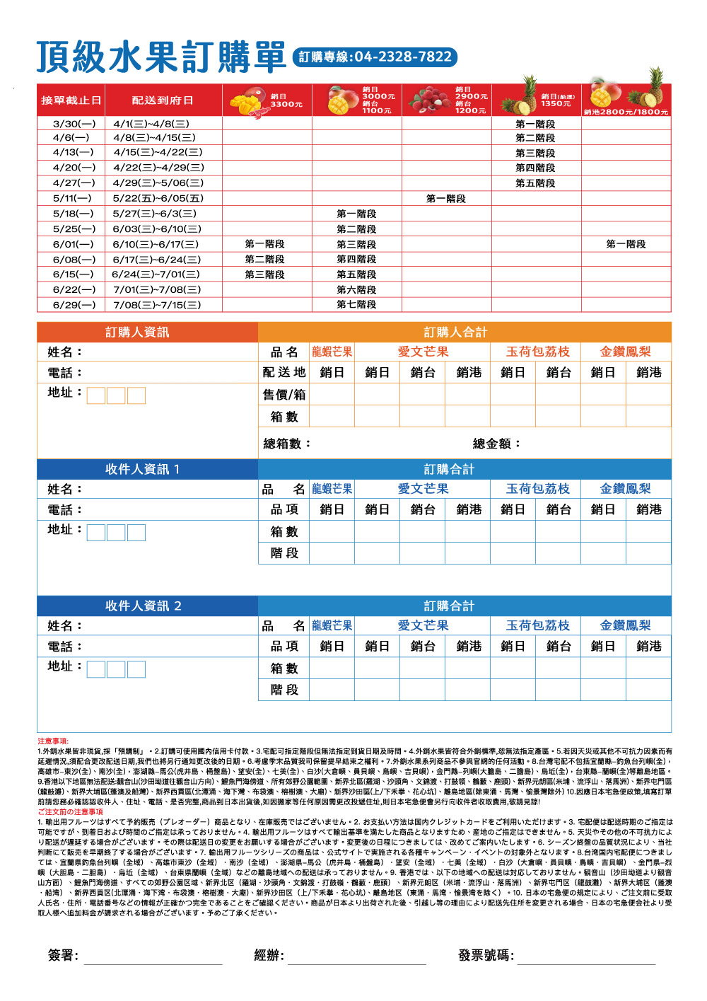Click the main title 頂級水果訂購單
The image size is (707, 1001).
click(x=161, y=57)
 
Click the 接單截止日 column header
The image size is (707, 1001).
click(x=71, y=100)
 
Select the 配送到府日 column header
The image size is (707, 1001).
click(x=163, y=100)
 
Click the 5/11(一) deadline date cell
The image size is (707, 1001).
click(x=72, y=199)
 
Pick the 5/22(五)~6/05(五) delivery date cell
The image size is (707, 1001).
click(x=158, y=199)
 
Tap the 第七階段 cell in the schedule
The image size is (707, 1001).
click(x=356, y=305)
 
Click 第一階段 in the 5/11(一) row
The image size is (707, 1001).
click(x=446, y=199)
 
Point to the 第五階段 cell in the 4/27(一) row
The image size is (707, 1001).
click(x=535, y=183)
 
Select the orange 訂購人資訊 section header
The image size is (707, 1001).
click(x=137, y=332)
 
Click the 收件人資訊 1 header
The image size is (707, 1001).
click(x=142, y=469)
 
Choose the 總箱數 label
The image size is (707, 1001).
click(x=286, y=444)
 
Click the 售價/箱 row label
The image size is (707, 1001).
click(x=284, y=395)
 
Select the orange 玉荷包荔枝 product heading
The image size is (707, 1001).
click(x=537, y=352)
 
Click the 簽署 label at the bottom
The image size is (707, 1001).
click(x=63, y=955)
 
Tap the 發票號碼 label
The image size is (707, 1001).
click(x=486, y=955)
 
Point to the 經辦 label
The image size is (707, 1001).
click(x=269, y=955)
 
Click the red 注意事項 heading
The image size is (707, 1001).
click(x=53, y=741)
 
